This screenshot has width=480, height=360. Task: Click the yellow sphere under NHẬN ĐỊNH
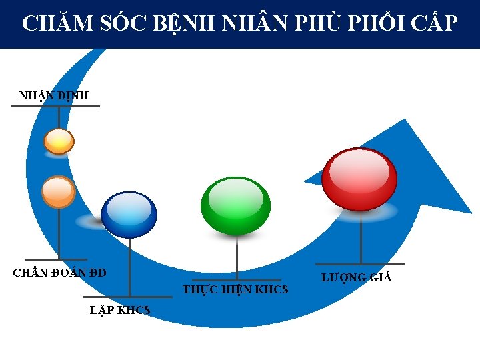click(59, 141)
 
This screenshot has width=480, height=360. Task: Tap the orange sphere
click(59, 192)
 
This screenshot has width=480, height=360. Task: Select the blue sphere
click(129, 215)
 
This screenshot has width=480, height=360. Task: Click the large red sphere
click(359, 179)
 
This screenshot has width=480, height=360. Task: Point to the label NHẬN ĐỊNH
click(54, 96)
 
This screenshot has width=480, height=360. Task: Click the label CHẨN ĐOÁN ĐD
click(60, 272)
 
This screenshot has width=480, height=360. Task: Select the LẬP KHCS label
click(120, 310)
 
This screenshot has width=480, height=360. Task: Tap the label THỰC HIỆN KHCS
click(235, 289)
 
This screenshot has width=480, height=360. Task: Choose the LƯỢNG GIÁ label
click(356, 277)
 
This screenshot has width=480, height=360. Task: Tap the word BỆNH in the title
click(186, 24)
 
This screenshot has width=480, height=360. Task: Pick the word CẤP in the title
click(434, 24)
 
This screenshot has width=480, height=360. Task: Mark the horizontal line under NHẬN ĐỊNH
click(55, 106)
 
